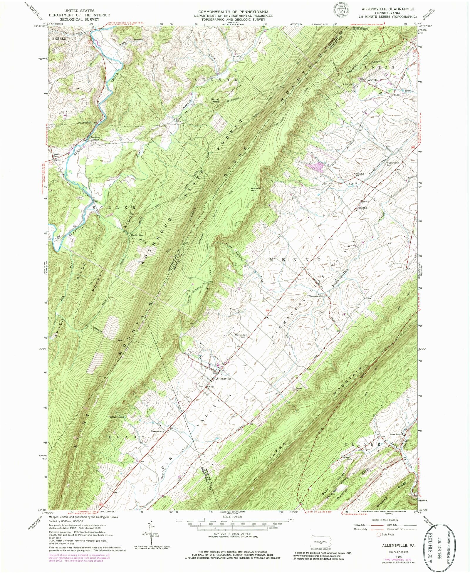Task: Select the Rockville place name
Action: (x=371, y=80)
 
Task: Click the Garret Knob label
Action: (x=215, y=100)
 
